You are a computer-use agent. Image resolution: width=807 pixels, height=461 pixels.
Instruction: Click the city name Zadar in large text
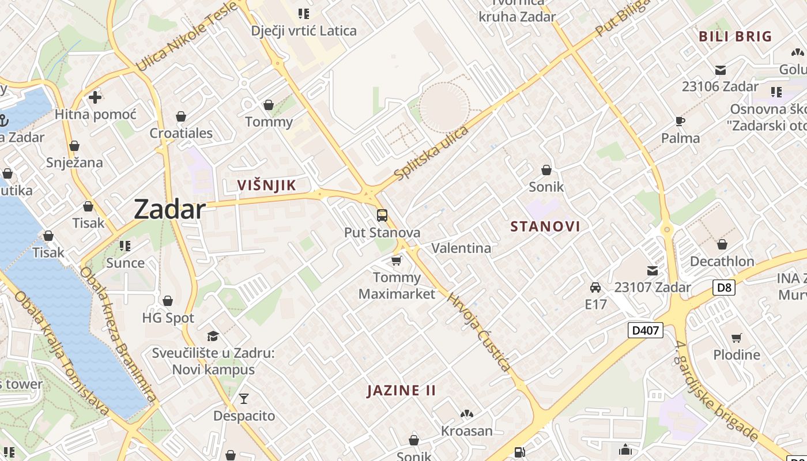[x=169, y=209]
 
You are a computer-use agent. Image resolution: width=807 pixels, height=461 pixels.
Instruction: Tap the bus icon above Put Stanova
[x=382, y=216]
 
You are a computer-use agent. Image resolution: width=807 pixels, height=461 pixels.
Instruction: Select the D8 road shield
[x=723, y=287]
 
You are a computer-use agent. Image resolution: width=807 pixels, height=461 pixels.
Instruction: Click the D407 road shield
[x=645, y=330]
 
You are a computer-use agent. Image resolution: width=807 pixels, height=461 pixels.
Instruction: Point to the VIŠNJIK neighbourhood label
[x=267, y=185]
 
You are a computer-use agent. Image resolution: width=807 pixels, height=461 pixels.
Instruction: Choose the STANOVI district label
[x=545, y=226]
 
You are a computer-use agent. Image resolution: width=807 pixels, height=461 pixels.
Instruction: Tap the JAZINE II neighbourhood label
[x=401, y=390]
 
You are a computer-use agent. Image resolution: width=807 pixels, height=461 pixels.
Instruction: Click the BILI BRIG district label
[x=735, y=36]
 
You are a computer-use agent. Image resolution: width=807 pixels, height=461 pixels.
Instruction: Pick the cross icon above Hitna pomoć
[x=95, y=97]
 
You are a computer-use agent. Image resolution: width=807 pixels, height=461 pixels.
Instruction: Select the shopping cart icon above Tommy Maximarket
[x=396, y=261]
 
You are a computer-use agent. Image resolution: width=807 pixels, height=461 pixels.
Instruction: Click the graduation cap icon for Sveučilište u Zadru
[x=213, y=336]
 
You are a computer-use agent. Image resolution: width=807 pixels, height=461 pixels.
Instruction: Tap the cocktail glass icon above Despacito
[x=244, y=398]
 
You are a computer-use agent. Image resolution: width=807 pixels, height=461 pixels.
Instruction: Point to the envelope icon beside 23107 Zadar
[x=652, y=271]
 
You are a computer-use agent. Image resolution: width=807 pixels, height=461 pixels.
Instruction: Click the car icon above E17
[x=595, y=287]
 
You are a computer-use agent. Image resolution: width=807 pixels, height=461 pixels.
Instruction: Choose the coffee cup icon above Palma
[x=680, y=121]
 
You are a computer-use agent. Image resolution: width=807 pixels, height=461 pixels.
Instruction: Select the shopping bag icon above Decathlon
[x=722, y=244]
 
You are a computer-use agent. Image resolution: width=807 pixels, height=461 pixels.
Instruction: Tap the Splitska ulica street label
[x=432, y=153]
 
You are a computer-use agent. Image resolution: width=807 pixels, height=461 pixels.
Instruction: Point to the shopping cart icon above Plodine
[x=736, y=338]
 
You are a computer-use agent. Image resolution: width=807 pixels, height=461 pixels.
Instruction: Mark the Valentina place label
[x=461, y=248]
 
